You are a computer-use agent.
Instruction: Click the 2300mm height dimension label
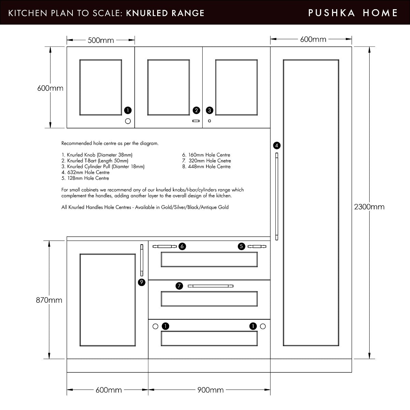369,207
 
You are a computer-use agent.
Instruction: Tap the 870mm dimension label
49,300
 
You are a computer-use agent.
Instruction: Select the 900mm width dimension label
210,390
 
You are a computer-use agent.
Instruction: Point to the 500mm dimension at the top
101,40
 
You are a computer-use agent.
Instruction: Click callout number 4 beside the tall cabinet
277,146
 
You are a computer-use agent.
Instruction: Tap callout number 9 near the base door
141,282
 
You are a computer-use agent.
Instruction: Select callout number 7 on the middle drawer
179,286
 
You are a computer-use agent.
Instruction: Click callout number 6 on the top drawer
182,246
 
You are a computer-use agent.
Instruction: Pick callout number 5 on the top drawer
241,246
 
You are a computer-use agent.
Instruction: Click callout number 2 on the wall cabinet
196,110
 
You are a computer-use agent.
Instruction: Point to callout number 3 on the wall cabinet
209,110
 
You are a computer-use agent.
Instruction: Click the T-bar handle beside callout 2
196,121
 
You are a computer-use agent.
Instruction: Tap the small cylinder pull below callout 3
209,121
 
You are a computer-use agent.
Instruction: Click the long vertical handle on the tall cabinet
277,196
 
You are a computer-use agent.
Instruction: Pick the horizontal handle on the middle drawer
211,286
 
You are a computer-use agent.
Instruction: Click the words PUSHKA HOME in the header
353,13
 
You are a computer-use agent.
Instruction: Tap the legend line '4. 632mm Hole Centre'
85,172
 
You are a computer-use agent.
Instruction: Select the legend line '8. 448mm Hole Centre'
206,167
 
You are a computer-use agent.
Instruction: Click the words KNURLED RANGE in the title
165,13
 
